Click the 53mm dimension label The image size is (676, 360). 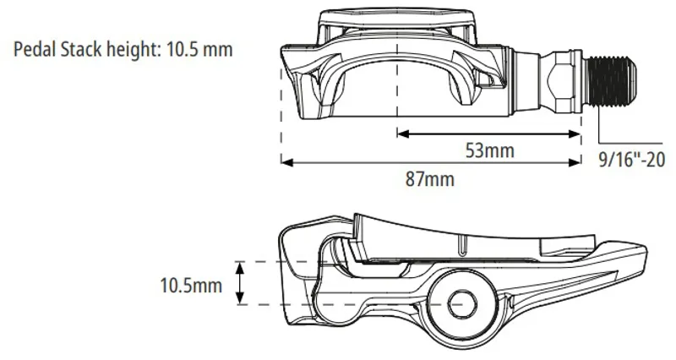tap(490, 150)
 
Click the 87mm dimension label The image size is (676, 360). tap(430, 179)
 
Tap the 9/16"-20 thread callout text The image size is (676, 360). tap(631, 160)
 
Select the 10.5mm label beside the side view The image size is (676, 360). tap(191, 286)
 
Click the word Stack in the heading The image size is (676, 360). tap(81, 49)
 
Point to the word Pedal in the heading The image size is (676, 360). tap(35, 49)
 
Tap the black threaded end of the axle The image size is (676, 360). tap(610, 81)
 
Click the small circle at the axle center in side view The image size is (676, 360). tap(461, 303)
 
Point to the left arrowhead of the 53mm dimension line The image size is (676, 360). tap(403, 134)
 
